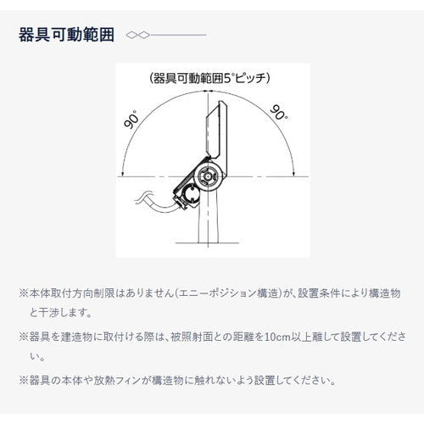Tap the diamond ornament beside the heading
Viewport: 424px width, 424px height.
(136, 36)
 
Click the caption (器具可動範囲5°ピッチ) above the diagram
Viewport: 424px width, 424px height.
(209, 78)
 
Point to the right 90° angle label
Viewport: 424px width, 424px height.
(277, 113)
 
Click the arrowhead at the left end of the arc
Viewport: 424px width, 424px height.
(123, 174)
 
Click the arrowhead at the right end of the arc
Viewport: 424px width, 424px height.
(293, 174)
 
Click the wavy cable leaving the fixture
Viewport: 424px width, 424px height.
(146, 204)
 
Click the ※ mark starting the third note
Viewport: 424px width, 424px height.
(24, 380)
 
